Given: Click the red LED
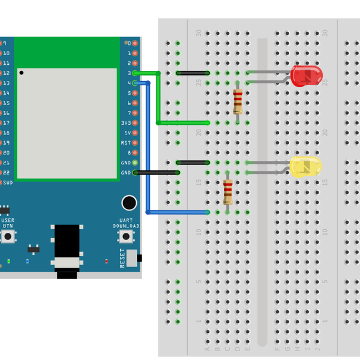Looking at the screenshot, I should tap(306, 76).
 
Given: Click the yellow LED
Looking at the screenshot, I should tap(305, 167).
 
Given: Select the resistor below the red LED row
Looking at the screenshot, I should tap(238, 101).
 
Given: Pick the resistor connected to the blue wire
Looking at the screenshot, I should tap(228, 192).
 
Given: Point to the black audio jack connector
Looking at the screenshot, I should tap(67, 249).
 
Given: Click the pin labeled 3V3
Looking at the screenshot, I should tap(134, 123).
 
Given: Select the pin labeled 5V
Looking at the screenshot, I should tap(134, 133).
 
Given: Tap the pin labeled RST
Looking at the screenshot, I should tap(134, 143).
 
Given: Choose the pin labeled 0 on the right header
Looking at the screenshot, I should tap(134, 43).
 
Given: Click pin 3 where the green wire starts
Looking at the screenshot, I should tap(134, 73).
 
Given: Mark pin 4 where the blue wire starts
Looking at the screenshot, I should tap(134, 83).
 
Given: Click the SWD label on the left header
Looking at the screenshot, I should tap(7, 182).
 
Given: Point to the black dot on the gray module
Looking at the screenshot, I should tap(22, 73).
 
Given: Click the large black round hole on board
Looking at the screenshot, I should tap(128, 203).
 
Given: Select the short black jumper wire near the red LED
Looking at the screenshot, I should tap(193, 73).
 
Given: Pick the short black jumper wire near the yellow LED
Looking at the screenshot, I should tap(193, 163).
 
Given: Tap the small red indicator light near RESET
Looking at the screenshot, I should tap(106, 261).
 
